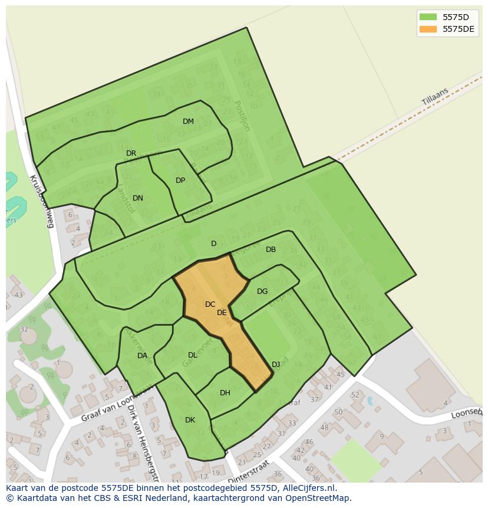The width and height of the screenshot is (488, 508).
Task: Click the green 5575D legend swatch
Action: click(x=428, y=17)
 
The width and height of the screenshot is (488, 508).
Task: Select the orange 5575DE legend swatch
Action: click(x=428, y=29)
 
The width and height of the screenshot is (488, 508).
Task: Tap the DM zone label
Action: click(x=188, y=122)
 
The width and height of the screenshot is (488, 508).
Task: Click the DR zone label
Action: click(x=131, y=153)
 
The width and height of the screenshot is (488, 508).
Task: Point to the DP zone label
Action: click(x=180, y=181)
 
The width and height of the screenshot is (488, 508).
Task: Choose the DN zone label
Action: click(x=138, y=198)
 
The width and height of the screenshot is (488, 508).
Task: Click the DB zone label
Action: click(x=271, y=250)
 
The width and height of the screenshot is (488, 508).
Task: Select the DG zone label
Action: click(x=262, y=291)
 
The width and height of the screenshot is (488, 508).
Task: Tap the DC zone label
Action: click(x=210, y=304)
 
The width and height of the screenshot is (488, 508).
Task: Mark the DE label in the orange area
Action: click(x=222, y=313)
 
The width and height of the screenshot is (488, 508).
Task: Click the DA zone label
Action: click(x=142, y=356)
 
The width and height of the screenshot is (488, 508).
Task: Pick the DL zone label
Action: click(x=193, y=355)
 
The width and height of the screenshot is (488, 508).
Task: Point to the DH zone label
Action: click(x=225, y=393)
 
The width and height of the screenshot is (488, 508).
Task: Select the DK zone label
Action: click(x=190, y=420)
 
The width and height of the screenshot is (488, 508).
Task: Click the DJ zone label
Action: click(x=276, y=365)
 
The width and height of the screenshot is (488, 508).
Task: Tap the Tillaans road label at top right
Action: click(x=435, y=97)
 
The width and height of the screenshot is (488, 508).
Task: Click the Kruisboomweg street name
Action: click(x=41, y=201)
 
